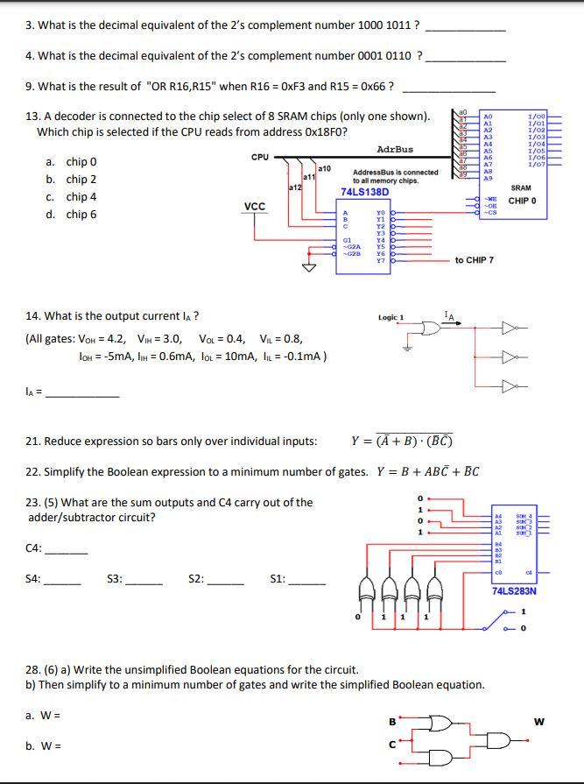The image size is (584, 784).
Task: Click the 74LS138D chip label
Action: [x=364, y=192]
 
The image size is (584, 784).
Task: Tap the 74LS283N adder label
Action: [x=515, y=590]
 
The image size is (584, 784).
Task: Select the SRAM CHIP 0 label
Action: [x=521, y=194]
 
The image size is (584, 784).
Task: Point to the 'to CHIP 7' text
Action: [x=474, y=260]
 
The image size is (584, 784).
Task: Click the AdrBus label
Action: [x=395, y=149]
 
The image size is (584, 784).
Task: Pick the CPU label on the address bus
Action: [x=260, y=158]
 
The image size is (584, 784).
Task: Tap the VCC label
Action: [x=255, y=207]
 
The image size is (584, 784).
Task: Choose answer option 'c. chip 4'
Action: [x=70, y=197]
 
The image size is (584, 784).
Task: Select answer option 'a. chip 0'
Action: [x=70, y=162]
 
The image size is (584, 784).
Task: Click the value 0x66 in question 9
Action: [x=372, y=87]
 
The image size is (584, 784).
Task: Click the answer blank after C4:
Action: [x=66, y=551]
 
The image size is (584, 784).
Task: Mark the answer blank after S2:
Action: [x=225, y=581]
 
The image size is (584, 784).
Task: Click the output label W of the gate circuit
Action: [x=539, y=722]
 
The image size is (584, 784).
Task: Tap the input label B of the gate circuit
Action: [x=391, y=722]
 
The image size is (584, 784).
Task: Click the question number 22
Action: [x=32, y=472]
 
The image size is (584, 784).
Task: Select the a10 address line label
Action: [x=323, y=167]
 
